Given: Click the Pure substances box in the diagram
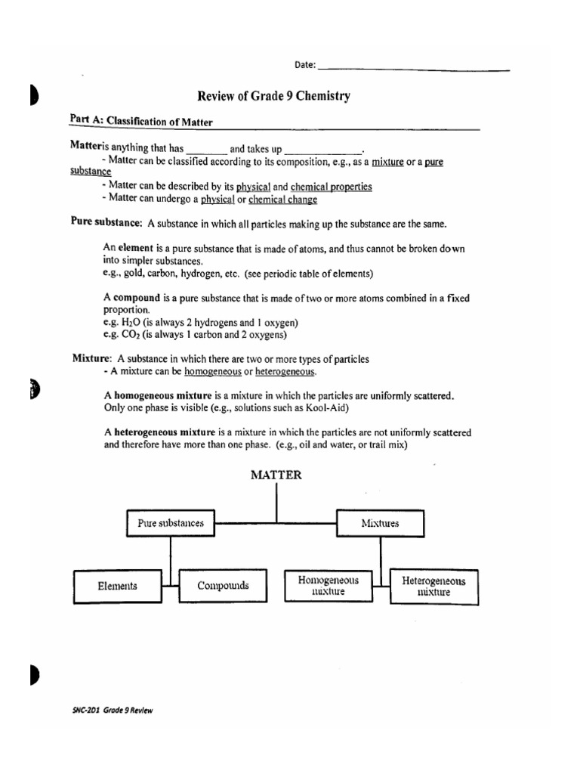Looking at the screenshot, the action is pyautogui.click(x=170, y=523).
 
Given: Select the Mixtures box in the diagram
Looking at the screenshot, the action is pyautogui.click(x=380, y=523).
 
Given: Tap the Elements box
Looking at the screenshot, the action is pyautogui.click(x=117, y=586).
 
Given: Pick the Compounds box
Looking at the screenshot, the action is pyautogui.click(x=223, y=586).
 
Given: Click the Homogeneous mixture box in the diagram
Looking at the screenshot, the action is pyautogui.click(x=329, y=586).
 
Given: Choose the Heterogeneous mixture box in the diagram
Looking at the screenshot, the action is pyautogui.click(x=433, y=587).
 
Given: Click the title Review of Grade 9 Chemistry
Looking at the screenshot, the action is pyautogui.click(x=273, y=96).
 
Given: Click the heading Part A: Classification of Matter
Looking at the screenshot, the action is pyautogui.click(x=141, y=120).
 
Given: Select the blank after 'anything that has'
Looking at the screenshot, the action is pyautogui.click(x=205, y=150).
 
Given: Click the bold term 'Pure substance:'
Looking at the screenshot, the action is pyautogui.click(x=106, y=223).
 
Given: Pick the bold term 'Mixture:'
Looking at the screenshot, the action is pyautogui.click(x=92, y=358).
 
